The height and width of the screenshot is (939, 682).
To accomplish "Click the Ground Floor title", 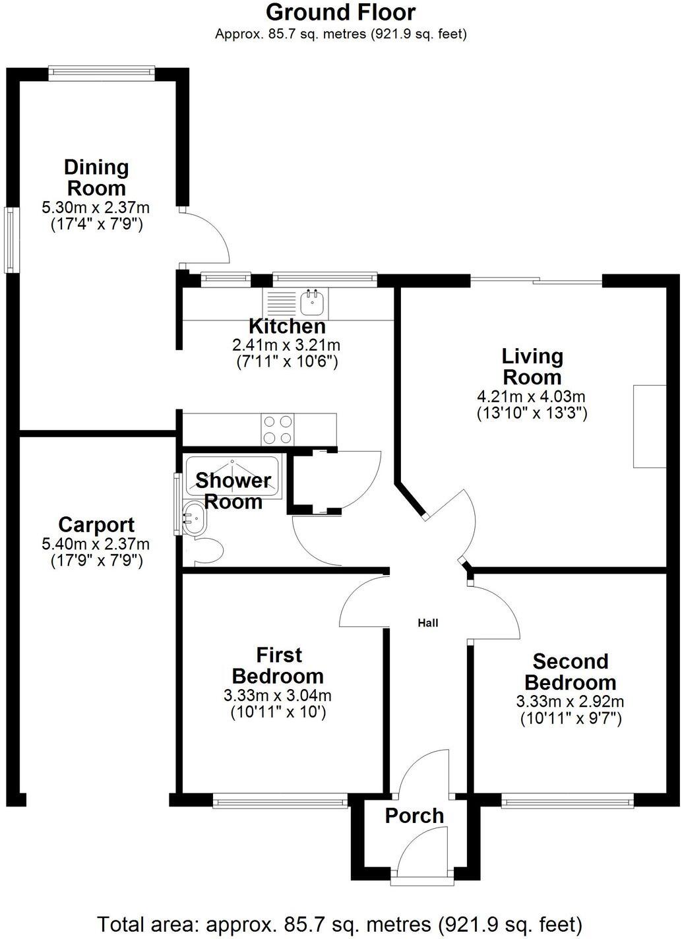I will (x=340, y=12).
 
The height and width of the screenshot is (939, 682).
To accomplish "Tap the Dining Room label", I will (x=96, y=177).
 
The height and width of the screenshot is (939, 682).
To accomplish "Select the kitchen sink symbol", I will (x=311, y=303).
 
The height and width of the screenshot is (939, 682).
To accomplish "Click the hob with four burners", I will (x=278, y=429).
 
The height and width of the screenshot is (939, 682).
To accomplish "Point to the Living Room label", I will (x=532, y=367).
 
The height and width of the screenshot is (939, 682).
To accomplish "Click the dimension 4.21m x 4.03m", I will (x=531, y=397).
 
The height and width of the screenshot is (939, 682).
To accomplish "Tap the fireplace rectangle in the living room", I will (x=650, y=426).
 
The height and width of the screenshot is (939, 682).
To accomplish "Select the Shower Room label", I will (x=233, y=491).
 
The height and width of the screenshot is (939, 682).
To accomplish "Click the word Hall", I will (x=427, y=622).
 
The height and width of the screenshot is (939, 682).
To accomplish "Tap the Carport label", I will (x=96, y=525).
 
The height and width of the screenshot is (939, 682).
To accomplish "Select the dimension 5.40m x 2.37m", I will (x=96, y=545).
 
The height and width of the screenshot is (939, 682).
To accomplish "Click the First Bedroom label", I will (x=278, y=665).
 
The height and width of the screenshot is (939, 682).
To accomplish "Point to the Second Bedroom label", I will (x=570, y=671).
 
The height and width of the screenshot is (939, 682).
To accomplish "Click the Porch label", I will (x=414, y=816).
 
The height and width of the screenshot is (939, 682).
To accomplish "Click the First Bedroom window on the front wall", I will (x=280, y=803).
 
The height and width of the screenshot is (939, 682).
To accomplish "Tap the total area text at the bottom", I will (x=340, y=923).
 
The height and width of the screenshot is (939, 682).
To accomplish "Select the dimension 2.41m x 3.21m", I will (x=286, y=345).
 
